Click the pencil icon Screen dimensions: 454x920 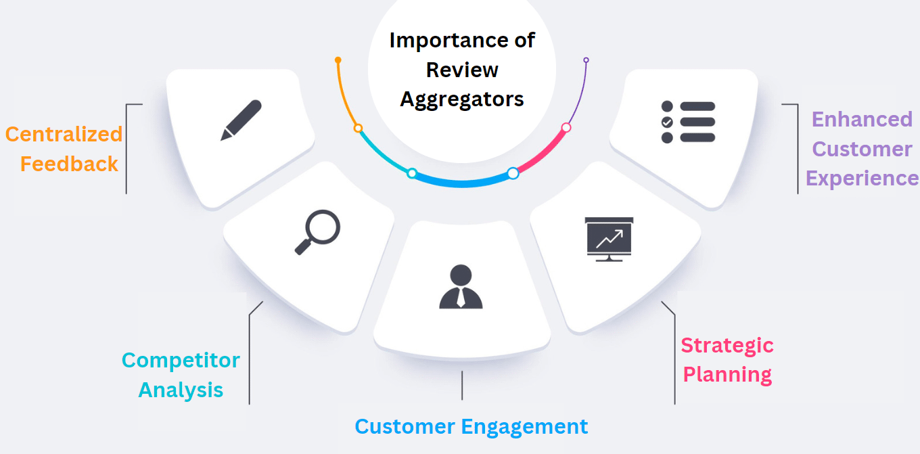tap(241, 120)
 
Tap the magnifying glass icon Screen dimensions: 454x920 tap(317, 231)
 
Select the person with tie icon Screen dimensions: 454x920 tap(461, 287)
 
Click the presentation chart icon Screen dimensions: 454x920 tap(609, 239)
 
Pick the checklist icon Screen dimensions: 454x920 tap(687, 122)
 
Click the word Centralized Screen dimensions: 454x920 tap(64, 134)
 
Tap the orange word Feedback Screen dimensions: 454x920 tap(69, 164)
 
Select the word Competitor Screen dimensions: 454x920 tap(181, 360)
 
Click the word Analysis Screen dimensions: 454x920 tap(181, 390)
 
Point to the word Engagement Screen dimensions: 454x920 tap(524, 426)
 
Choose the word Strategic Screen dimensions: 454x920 tap(727, 345)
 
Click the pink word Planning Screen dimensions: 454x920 tap(727, 374)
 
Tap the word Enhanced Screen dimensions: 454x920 tap(862, 119)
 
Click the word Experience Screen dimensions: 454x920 tap(862, 178)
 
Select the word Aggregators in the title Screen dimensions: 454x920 tap(462, 99)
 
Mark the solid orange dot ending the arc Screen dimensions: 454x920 tap(338, 60)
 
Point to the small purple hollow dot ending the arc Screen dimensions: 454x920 tap(586, 60)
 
